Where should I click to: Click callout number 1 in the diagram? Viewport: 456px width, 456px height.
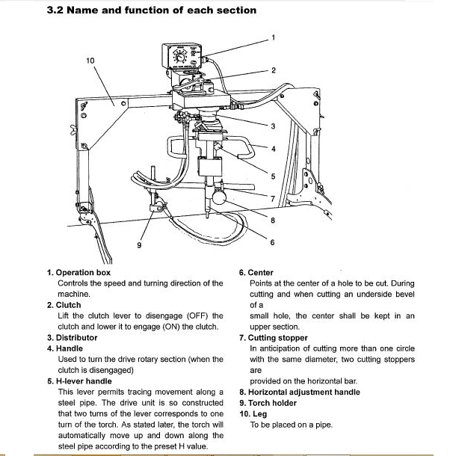pyautogui.click(x=274, y=37)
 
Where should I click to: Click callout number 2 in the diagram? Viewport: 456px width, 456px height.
pyautogui.click(x=274, y=70)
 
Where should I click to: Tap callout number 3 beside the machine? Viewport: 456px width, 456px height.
pyautogui.click(x=274, y=126)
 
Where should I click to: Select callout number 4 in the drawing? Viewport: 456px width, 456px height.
pyautogui.click(x=274, y=149)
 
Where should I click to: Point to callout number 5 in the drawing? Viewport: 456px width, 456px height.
pyautogui.click(x=274, y=176)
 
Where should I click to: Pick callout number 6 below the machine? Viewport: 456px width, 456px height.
pyautogui.click(x=272, y=242)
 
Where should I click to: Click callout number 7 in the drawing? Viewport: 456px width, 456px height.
pyautogui.click(x=274, y=198)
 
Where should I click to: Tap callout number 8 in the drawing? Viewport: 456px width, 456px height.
pyautogui.click(x=274, y=220)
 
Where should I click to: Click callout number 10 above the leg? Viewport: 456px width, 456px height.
pyautogui.click(x=90, y=60)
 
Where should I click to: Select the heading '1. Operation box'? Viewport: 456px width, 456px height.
pyautogui.click(x=78, y=273)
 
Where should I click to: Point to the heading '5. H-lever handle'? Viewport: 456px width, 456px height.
pyautogui.click(x=79, y=381)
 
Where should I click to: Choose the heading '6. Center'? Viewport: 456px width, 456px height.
pyautogui.click(x=256, y=273)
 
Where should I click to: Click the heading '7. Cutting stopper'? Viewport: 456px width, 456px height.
pyautogui.click(x=273, y=338)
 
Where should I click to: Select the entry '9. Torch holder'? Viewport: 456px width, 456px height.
pyautogui.click(x=268, y=403)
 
